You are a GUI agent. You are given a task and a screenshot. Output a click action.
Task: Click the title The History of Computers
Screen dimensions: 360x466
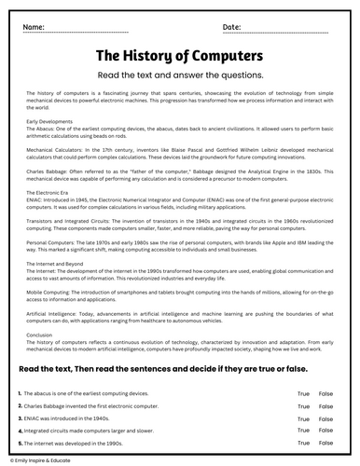click(x=179, y=55)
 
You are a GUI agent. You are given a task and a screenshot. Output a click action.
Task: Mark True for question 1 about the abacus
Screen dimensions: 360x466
click(x=303, y=394)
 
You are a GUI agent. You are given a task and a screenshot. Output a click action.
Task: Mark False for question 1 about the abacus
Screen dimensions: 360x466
click(x=325, y=394)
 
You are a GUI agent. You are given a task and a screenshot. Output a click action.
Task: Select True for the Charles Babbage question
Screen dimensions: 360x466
click(x=303, y=406)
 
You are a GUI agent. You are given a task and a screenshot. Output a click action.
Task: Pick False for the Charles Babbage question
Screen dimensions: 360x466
click(x=325, y=406)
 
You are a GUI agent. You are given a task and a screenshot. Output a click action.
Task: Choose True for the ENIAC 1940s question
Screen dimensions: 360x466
click(x=303, y=418)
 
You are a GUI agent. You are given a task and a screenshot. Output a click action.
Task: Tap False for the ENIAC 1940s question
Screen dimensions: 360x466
click(x=325, y=418)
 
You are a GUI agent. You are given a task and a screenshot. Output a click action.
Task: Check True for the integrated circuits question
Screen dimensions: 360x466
click(x=303, y=431)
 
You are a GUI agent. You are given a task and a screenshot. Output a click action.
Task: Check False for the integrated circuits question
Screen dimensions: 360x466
click(x=325, y=431)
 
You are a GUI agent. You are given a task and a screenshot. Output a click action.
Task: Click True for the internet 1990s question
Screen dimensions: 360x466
click(x=303, y=443)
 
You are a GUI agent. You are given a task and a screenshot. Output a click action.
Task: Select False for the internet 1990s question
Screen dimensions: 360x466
click(x=325, y=443)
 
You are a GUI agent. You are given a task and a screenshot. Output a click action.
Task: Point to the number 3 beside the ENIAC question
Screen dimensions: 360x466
click(x=20, y=418)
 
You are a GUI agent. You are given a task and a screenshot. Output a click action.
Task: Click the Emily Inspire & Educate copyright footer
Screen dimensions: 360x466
click(x=43, y=460)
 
